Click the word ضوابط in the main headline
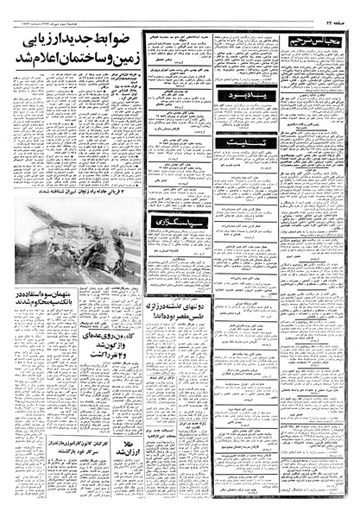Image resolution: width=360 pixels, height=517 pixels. [121, 39]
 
